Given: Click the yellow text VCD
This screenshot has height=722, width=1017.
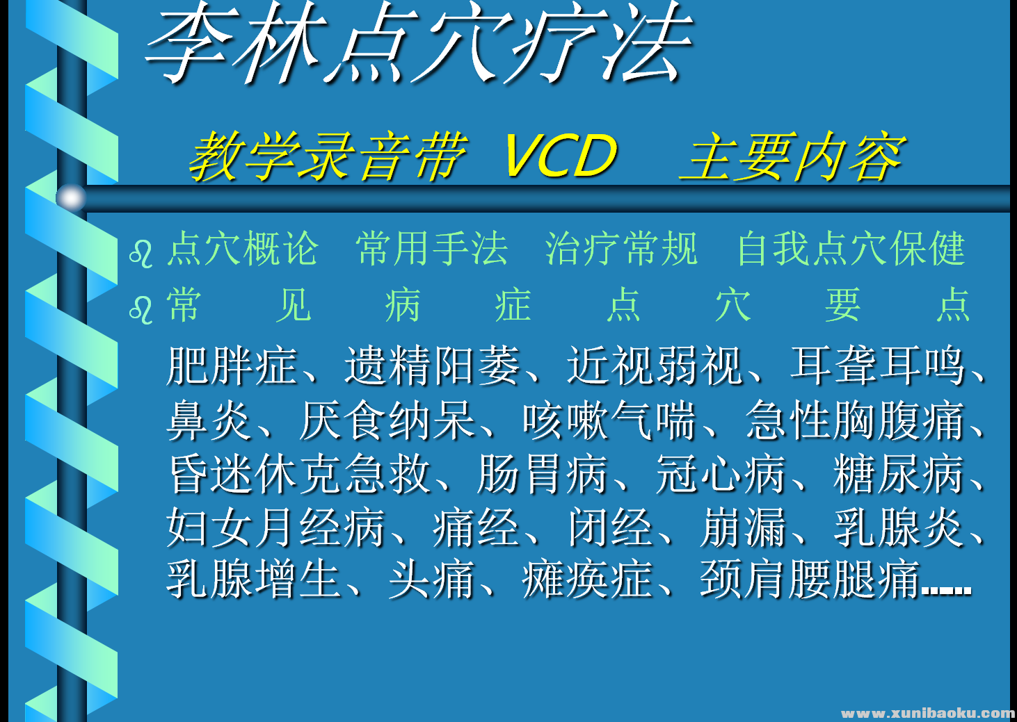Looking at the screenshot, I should [560, 156].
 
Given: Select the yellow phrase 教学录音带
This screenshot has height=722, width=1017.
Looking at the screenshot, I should [328, 157].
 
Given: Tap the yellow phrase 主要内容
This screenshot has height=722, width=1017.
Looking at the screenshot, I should [792, 157].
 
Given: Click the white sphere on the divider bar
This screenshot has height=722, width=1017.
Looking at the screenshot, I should [70, 198].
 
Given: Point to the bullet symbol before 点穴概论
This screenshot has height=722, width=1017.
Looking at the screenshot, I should [141, 254].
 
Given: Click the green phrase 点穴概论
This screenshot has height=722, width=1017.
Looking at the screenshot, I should [243, 249].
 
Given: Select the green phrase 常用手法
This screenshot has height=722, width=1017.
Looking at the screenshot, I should [432, 249].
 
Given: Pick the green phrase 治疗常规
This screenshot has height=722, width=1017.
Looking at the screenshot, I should [621, 249].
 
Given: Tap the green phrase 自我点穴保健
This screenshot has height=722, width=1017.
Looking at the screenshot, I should [851, 249].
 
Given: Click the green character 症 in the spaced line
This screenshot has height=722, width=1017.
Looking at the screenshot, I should [513, 305].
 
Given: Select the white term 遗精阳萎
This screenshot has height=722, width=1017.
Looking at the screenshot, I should [433, 366].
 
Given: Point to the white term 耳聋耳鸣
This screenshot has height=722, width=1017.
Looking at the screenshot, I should [878, 366].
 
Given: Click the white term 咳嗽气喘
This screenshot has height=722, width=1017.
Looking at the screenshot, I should [609, 420].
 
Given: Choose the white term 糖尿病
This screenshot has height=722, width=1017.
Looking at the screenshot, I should [899, 474].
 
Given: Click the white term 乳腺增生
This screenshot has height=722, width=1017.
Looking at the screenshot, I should [254, 580].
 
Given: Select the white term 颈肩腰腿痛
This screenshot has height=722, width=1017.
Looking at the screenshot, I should [810, 580].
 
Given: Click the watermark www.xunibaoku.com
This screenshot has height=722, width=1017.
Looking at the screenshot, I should [927, 713].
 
